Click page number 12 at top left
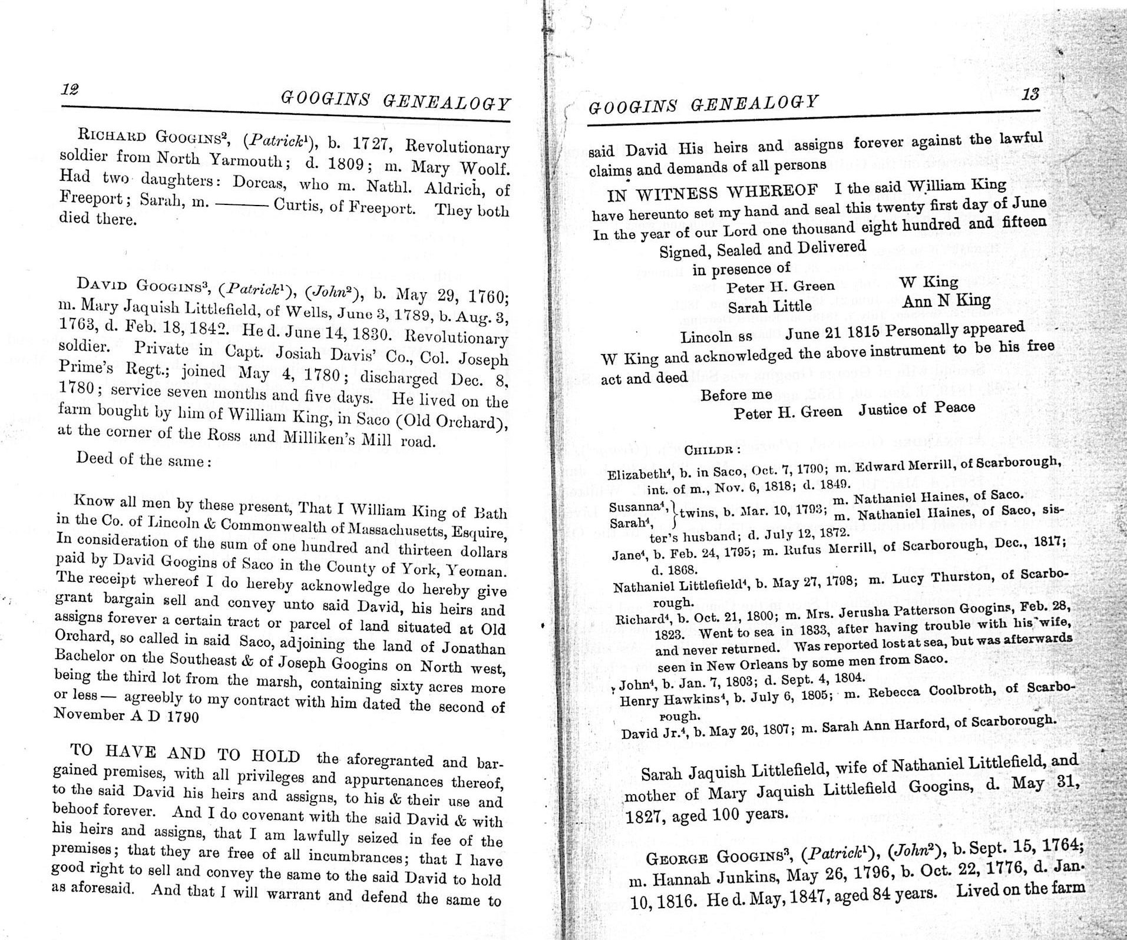click(69, 90)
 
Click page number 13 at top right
click(1030, 94)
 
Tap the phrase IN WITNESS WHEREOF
click(713, 192)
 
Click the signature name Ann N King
click(946, 302)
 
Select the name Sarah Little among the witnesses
click(769, 307)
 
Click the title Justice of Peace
click(917, 408)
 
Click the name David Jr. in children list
click(647, 734)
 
